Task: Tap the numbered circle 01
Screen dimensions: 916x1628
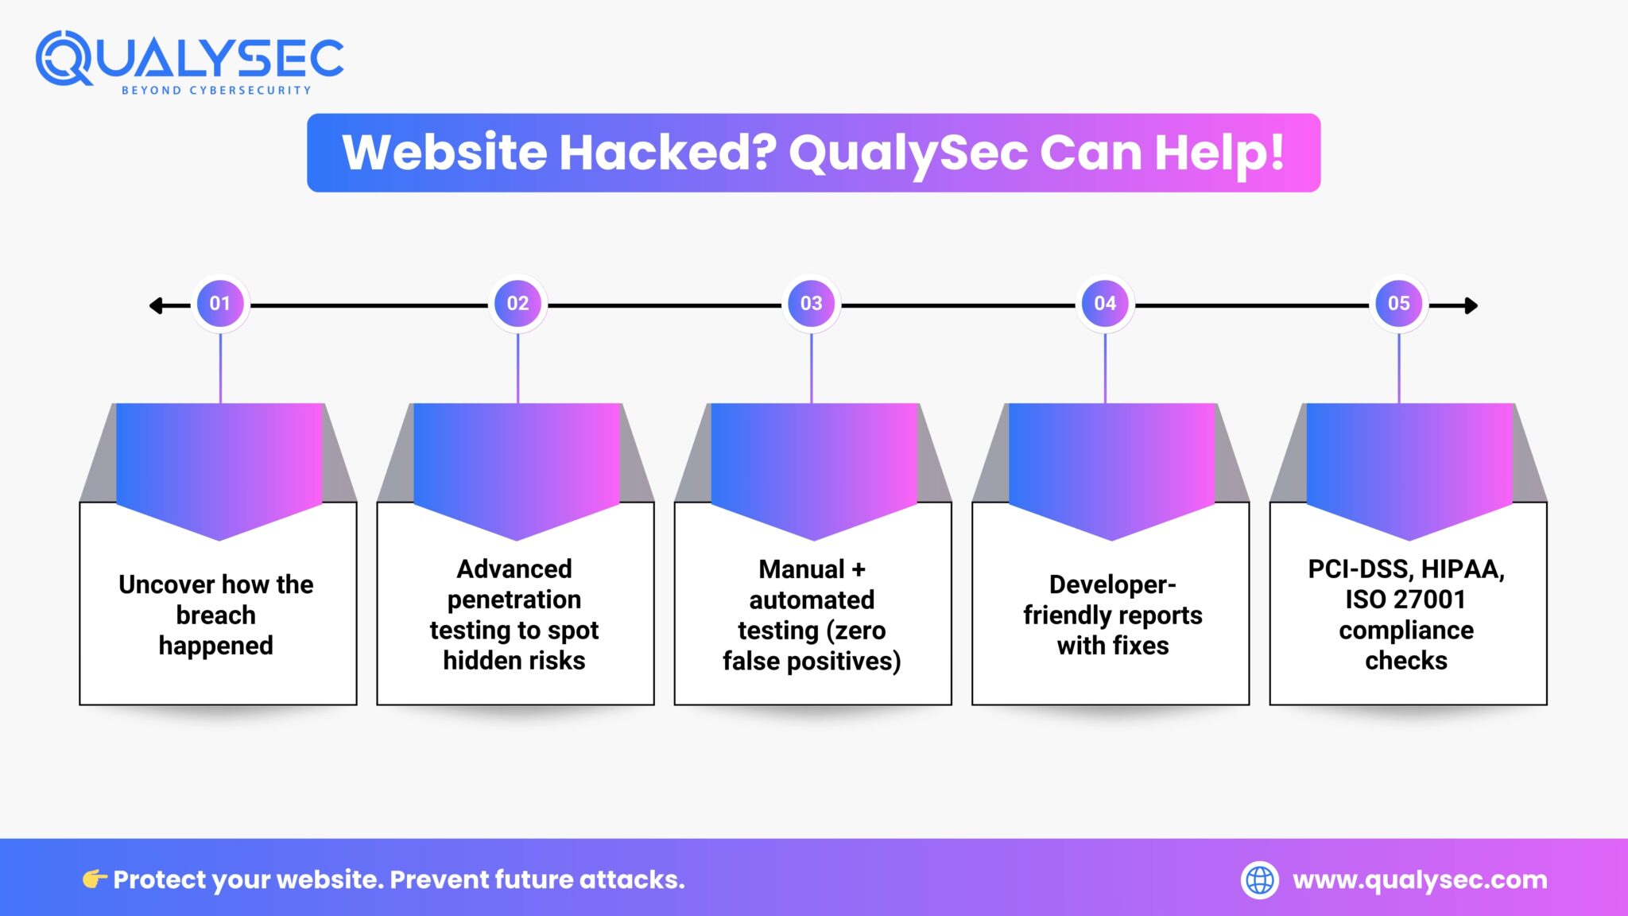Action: (220, 304)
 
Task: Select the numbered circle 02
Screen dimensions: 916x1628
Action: (517, 304)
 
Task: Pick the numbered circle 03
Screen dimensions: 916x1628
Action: (811, 304)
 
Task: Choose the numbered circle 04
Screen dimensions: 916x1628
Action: (1105, 304)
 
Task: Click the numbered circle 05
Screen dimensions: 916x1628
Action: (1398, 304)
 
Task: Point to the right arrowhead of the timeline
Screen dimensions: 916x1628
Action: (1471, 305)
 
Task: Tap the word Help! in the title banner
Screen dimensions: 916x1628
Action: (1219, 153)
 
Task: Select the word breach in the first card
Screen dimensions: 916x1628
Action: (215, 615)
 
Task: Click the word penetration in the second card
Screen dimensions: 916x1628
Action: (514, 600)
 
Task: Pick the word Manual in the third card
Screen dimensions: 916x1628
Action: (801, 569)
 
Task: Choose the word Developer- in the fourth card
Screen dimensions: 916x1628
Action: (1112, 584)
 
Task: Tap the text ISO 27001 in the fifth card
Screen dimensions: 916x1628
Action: (1405, 600)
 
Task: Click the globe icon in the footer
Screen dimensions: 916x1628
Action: (1260, 880)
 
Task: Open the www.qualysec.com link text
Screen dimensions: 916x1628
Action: (1420, 880)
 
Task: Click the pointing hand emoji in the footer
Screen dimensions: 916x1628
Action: (95, 879)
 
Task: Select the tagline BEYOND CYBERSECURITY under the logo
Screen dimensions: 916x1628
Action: (216, 91)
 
